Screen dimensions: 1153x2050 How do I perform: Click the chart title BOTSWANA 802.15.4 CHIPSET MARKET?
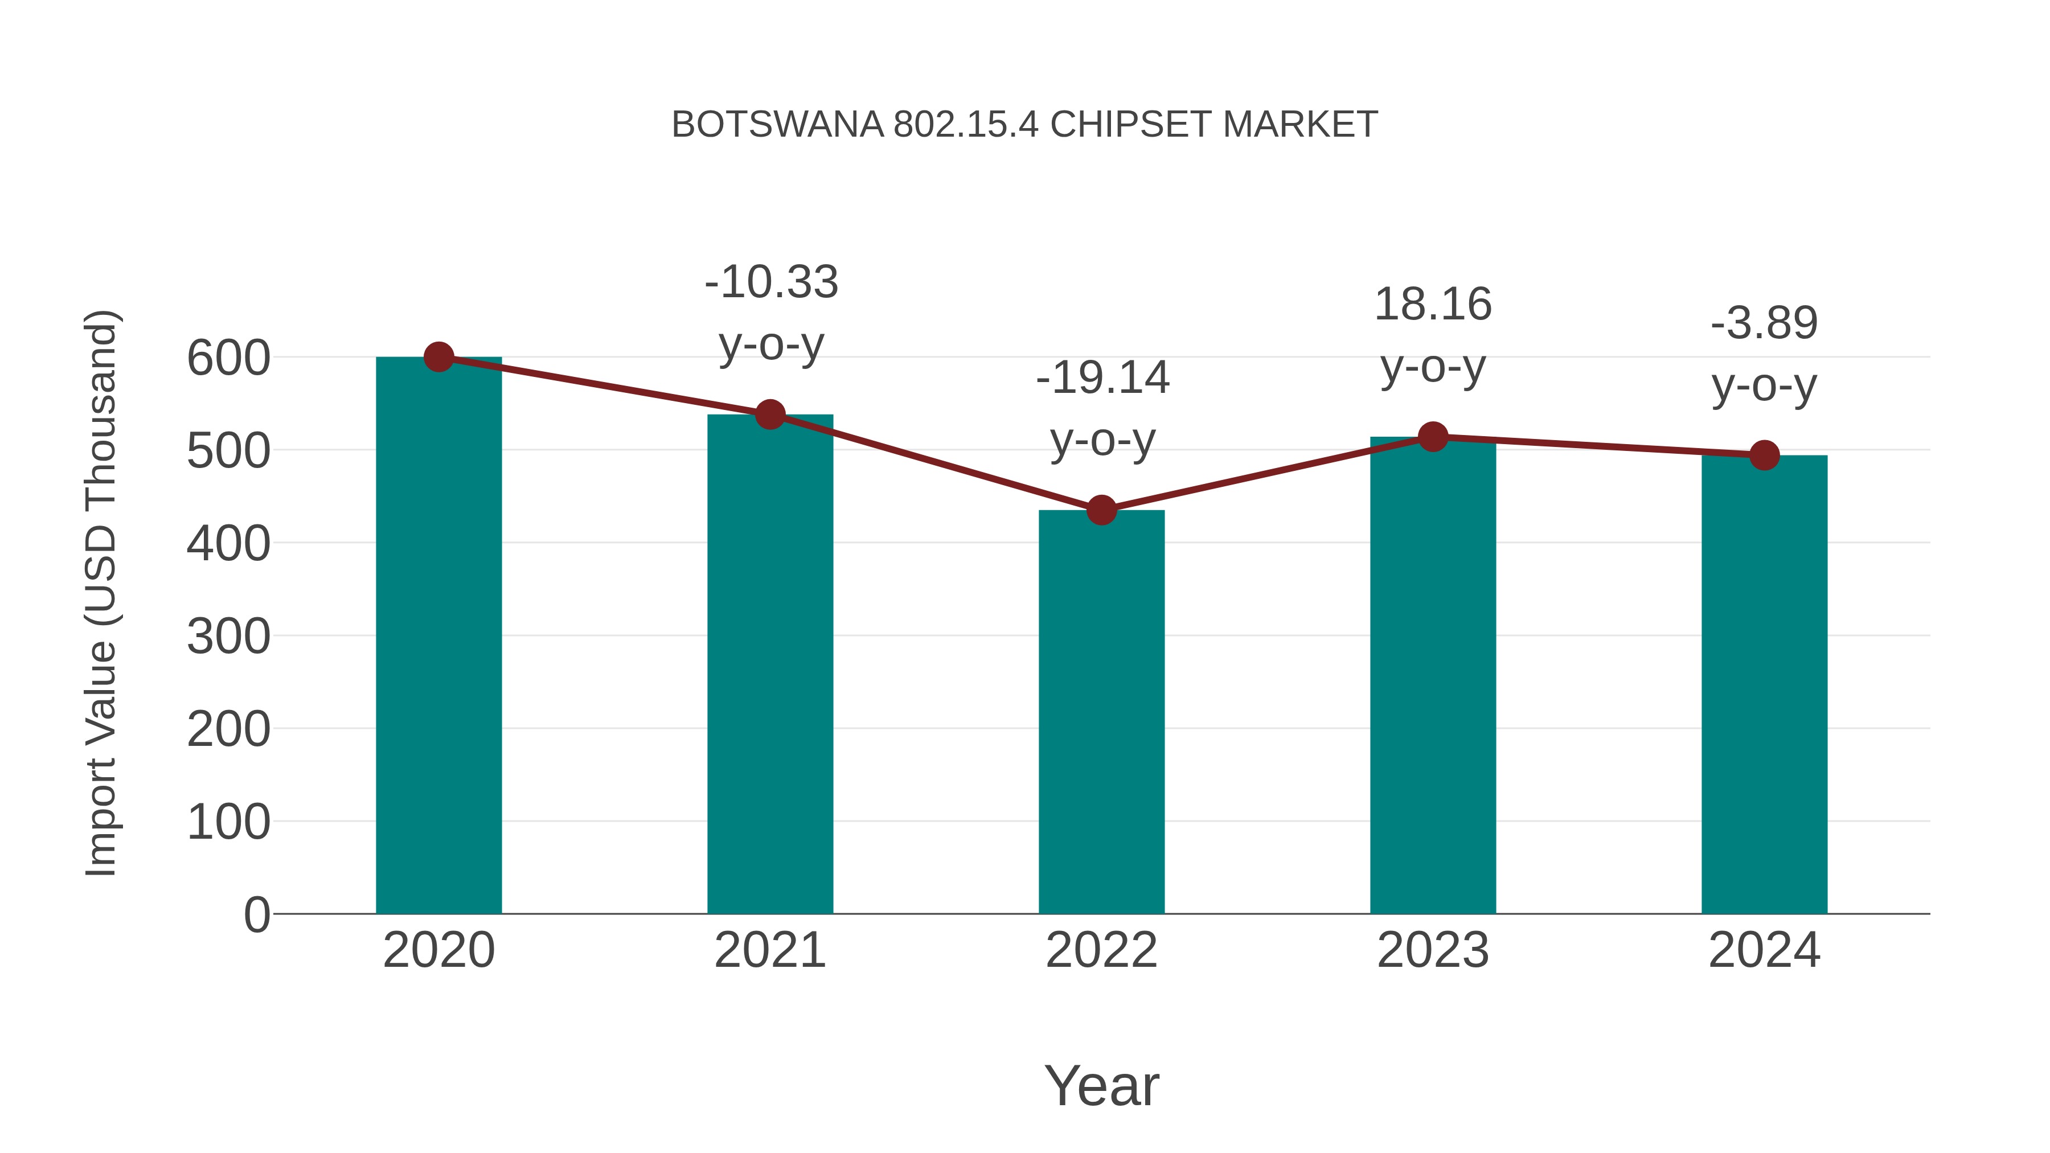(1024, 125)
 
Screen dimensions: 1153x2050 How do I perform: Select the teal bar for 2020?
(438, 637)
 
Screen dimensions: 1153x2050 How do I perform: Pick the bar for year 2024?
(1764, 684)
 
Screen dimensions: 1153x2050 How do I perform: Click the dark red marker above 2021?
(769, 415)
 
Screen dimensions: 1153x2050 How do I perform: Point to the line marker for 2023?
(1433, 437)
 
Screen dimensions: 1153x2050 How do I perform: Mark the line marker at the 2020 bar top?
(438, 357)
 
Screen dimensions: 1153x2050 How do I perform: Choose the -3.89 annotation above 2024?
(1764, 354)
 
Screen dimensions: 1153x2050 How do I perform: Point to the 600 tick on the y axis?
(228, 358)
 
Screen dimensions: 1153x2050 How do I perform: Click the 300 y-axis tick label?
(228, 637)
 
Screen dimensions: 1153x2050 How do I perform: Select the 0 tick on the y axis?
(256, 914)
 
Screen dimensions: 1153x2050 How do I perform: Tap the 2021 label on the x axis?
(769, 950)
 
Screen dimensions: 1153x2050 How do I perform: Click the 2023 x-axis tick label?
(1433, 950)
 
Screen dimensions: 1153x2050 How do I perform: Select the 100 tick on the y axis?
(228, 822)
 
